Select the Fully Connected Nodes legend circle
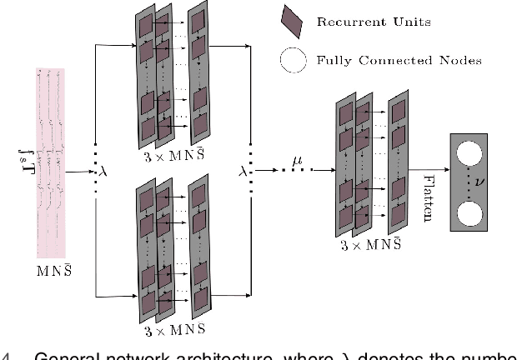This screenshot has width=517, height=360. click(294, 60)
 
